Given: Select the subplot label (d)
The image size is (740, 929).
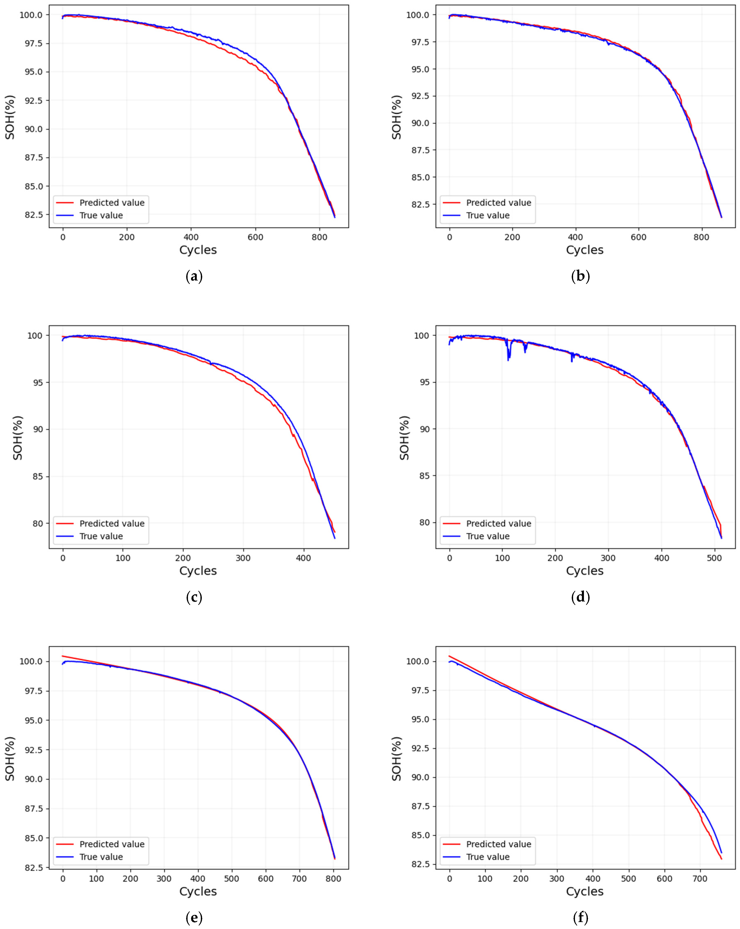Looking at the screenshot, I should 580,597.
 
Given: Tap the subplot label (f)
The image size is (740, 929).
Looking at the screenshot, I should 580,918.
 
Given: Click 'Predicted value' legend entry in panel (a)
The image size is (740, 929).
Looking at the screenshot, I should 112,203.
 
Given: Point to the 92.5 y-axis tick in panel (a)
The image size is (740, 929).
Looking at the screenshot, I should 31,100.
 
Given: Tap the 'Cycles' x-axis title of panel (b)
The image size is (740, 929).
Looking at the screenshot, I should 584,250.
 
